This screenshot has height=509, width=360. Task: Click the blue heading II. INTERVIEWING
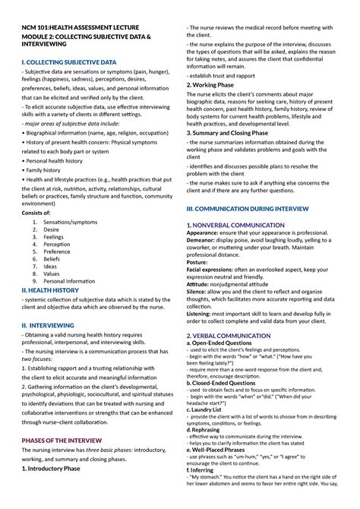[48, 324]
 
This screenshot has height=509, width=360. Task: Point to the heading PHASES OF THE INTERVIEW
[64, 440]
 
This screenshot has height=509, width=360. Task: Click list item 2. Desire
[51, 229]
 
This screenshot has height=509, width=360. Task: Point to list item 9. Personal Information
[68, 280]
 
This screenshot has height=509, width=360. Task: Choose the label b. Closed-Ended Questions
[226, 384]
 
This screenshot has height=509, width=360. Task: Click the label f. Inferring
[204, 492]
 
